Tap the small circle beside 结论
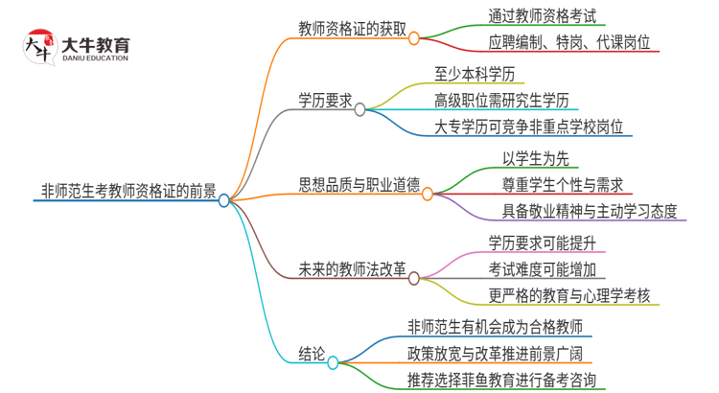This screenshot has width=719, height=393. (334, 362)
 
